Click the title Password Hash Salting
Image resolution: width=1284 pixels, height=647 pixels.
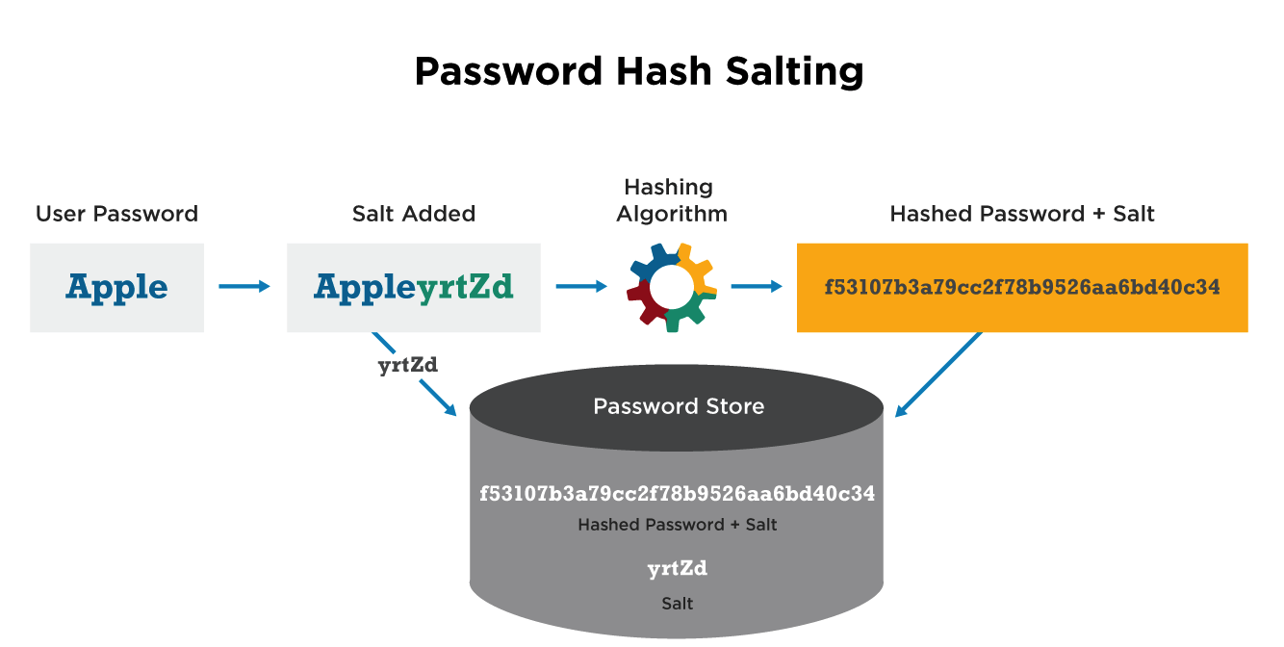coord(638,72)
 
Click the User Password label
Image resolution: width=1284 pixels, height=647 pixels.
coord(116,214)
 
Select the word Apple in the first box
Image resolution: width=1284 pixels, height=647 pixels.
coord(116,287)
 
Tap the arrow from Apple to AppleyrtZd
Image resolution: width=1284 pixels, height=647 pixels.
coord(244,286)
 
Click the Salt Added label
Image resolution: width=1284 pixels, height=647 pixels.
coord(414,214)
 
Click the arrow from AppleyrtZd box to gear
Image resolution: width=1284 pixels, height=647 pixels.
coord(581,286)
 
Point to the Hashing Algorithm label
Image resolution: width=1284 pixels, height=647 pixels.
coord(671,200)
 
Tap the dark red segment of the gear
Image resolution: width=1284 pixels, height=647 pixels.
coord(647,306)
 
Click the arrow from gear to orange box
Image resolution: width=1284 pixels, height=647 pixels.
coord(756,286)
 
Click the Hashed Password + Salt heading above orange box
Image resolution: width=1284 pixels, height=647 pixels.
coord(1022,214)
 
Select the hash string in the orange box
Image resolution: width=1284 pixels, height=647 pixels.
coord(1022,287)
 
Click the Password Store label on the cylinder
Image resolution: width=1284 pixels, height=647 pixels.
coord(679,406)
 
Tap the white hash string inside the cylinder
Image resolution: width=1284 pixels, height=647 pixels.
coord(677,494)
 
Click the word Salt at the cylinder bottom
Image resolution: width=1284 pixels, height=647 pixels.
coord(677,604)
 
